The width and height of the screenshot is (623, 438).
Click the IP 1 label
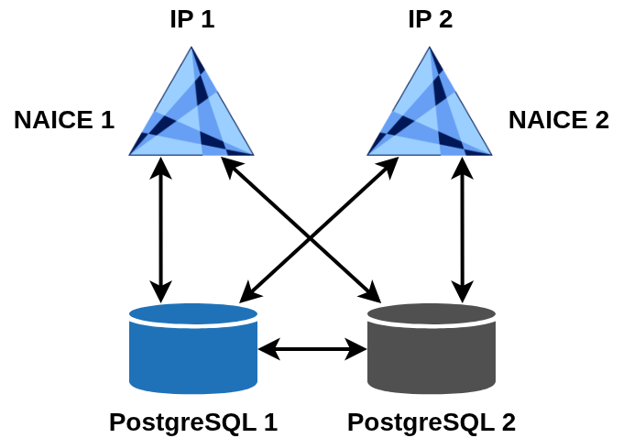[192, 18]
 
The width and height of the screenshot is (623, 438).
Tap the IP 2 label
[431, 18]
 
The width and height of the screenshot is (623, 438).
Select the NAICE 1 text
[64, 119]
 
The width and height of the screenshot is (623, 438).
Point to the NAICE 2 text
[559, 119]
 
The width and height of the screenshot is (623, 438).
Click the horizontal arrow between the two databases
[311, 348]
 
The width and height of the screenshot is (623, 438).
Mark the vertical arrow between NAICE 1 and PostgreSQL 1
[161, 229]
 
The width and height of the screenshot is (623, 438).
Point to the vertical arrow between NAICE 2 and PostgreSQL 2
[463, 229]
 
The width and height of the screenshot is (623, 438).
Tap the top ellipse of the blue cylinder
[192, 314]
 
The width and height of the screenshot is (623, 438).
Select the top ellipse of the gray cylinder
[431, 314]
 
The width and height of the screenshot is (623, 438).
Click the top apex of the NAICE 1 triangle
[192, 49]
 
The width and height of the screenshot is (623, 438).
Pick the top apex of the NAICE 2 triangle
[431, 49]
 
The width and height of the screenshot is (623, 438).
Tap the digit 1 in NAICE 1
[106, 119]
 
